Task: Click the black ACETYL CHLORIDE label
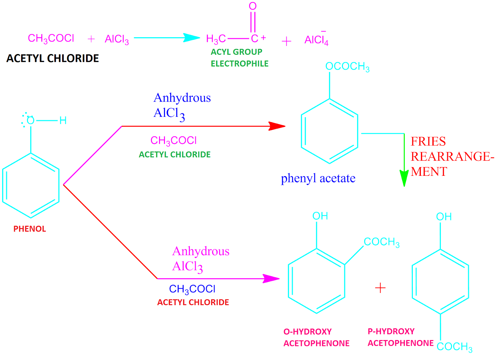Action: [52, 58]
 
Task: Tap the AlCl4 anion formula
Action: [316, 40]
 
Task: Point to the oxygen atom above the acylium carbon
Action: [253, 6]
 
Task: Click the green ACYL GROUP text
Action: [236, 52]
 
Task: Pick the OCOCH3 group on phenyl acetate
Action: [347, 66]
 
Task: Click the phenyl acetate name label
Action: [318, 178]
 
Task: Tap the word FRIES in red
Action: [428, 142]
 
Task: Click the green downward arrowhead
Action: [404, 178]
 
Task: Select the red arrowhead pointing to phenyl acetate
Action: [277, 126]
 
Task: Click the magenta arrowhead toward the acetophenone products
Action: [271, 279]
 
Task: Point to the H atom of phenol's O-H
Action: [63, 121]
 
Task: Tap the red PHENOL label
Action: [30, 229]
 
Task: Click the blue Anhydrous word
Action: [182, 98]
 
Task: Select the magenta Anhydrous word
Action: [201, 251]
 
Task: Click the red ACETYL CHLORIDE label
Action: [193, 302]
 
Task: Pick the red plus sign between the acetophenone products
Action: [380, 288]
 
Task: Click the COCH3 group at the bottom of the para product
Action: [454, 347]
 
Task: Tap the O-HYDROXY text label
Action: [308, 332]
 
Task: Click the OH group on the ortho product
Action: [320, 216]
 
